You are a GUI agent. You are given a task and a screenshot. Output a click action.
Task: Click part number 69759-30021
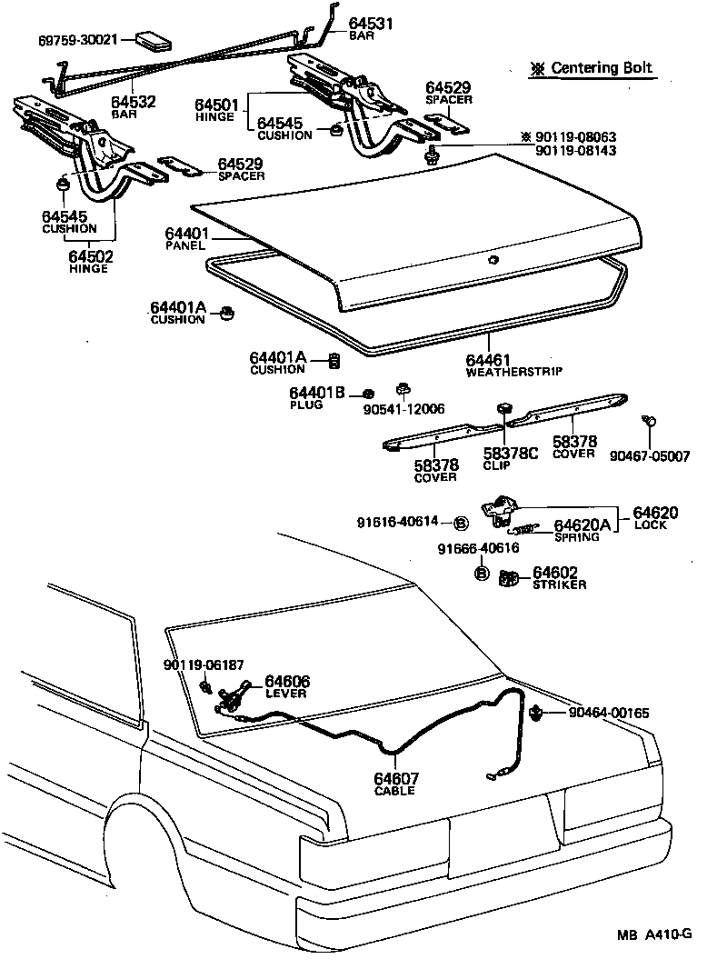click(x=77, y=40)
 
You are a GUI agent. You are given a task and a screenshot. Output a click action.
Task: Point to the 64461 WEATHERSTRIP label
click(x=513, y=365)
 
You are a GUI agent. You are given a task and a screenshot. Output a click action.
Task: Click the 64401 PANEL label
click(x=187, y=239)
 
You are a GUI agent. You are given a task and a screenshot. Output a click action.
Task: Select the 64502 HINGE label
click(x=88, y=262)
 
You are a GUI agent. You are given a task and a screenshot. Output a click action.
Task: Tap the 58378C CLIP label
click(x=510, y=457)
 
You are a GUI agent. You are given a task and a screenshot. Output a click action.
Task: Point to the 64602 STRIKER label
click(x=558, y=577)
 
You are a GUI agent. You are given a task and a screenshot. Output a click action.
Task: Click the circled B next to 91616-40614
click(x=461, y=523)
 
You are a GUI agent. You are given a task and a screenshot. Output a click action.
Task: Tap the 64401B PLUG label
click(x=317, y=397)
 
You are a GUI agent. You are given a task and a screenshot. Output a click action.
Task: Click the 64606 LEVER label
click(x=286, y=686)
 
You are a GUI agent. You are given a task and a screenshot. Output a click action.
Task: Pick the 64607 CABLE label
click(x=395, y=784)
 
